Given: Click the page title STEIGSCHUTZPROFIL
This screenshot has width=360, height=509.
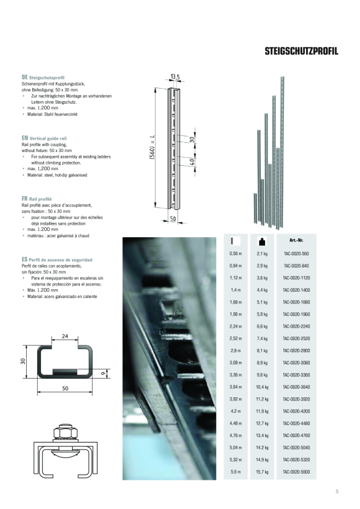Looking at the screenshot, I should tap(301, 51).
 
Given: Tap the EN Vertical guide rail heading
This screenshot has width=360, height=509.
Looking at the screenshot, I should tap(44, 138).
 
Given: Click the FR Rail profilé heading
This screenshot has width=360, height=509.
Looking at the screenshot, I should tap(37, 199).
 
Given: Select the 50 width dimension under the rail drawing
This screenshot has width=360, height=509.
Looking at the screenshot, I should tap(174, 218).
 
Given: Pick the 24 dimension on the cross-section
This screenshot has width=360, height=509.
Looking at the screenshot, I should tap(65, 337).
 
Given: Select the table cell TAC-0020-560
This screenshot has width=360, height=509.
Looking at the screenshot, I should tap(296, 253).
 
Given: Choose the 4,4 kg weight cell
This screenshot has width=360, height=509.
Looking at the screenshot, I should tap(261, 289).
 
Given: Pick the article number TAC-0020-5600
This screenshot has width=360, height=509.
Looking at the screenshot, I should tap(296, 472).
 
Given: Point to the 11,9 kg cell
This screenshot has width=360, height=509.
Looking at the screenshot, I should tap(261, 411).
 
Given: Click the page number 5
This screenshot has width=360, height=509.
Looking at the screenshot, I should tap(336, 492).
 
